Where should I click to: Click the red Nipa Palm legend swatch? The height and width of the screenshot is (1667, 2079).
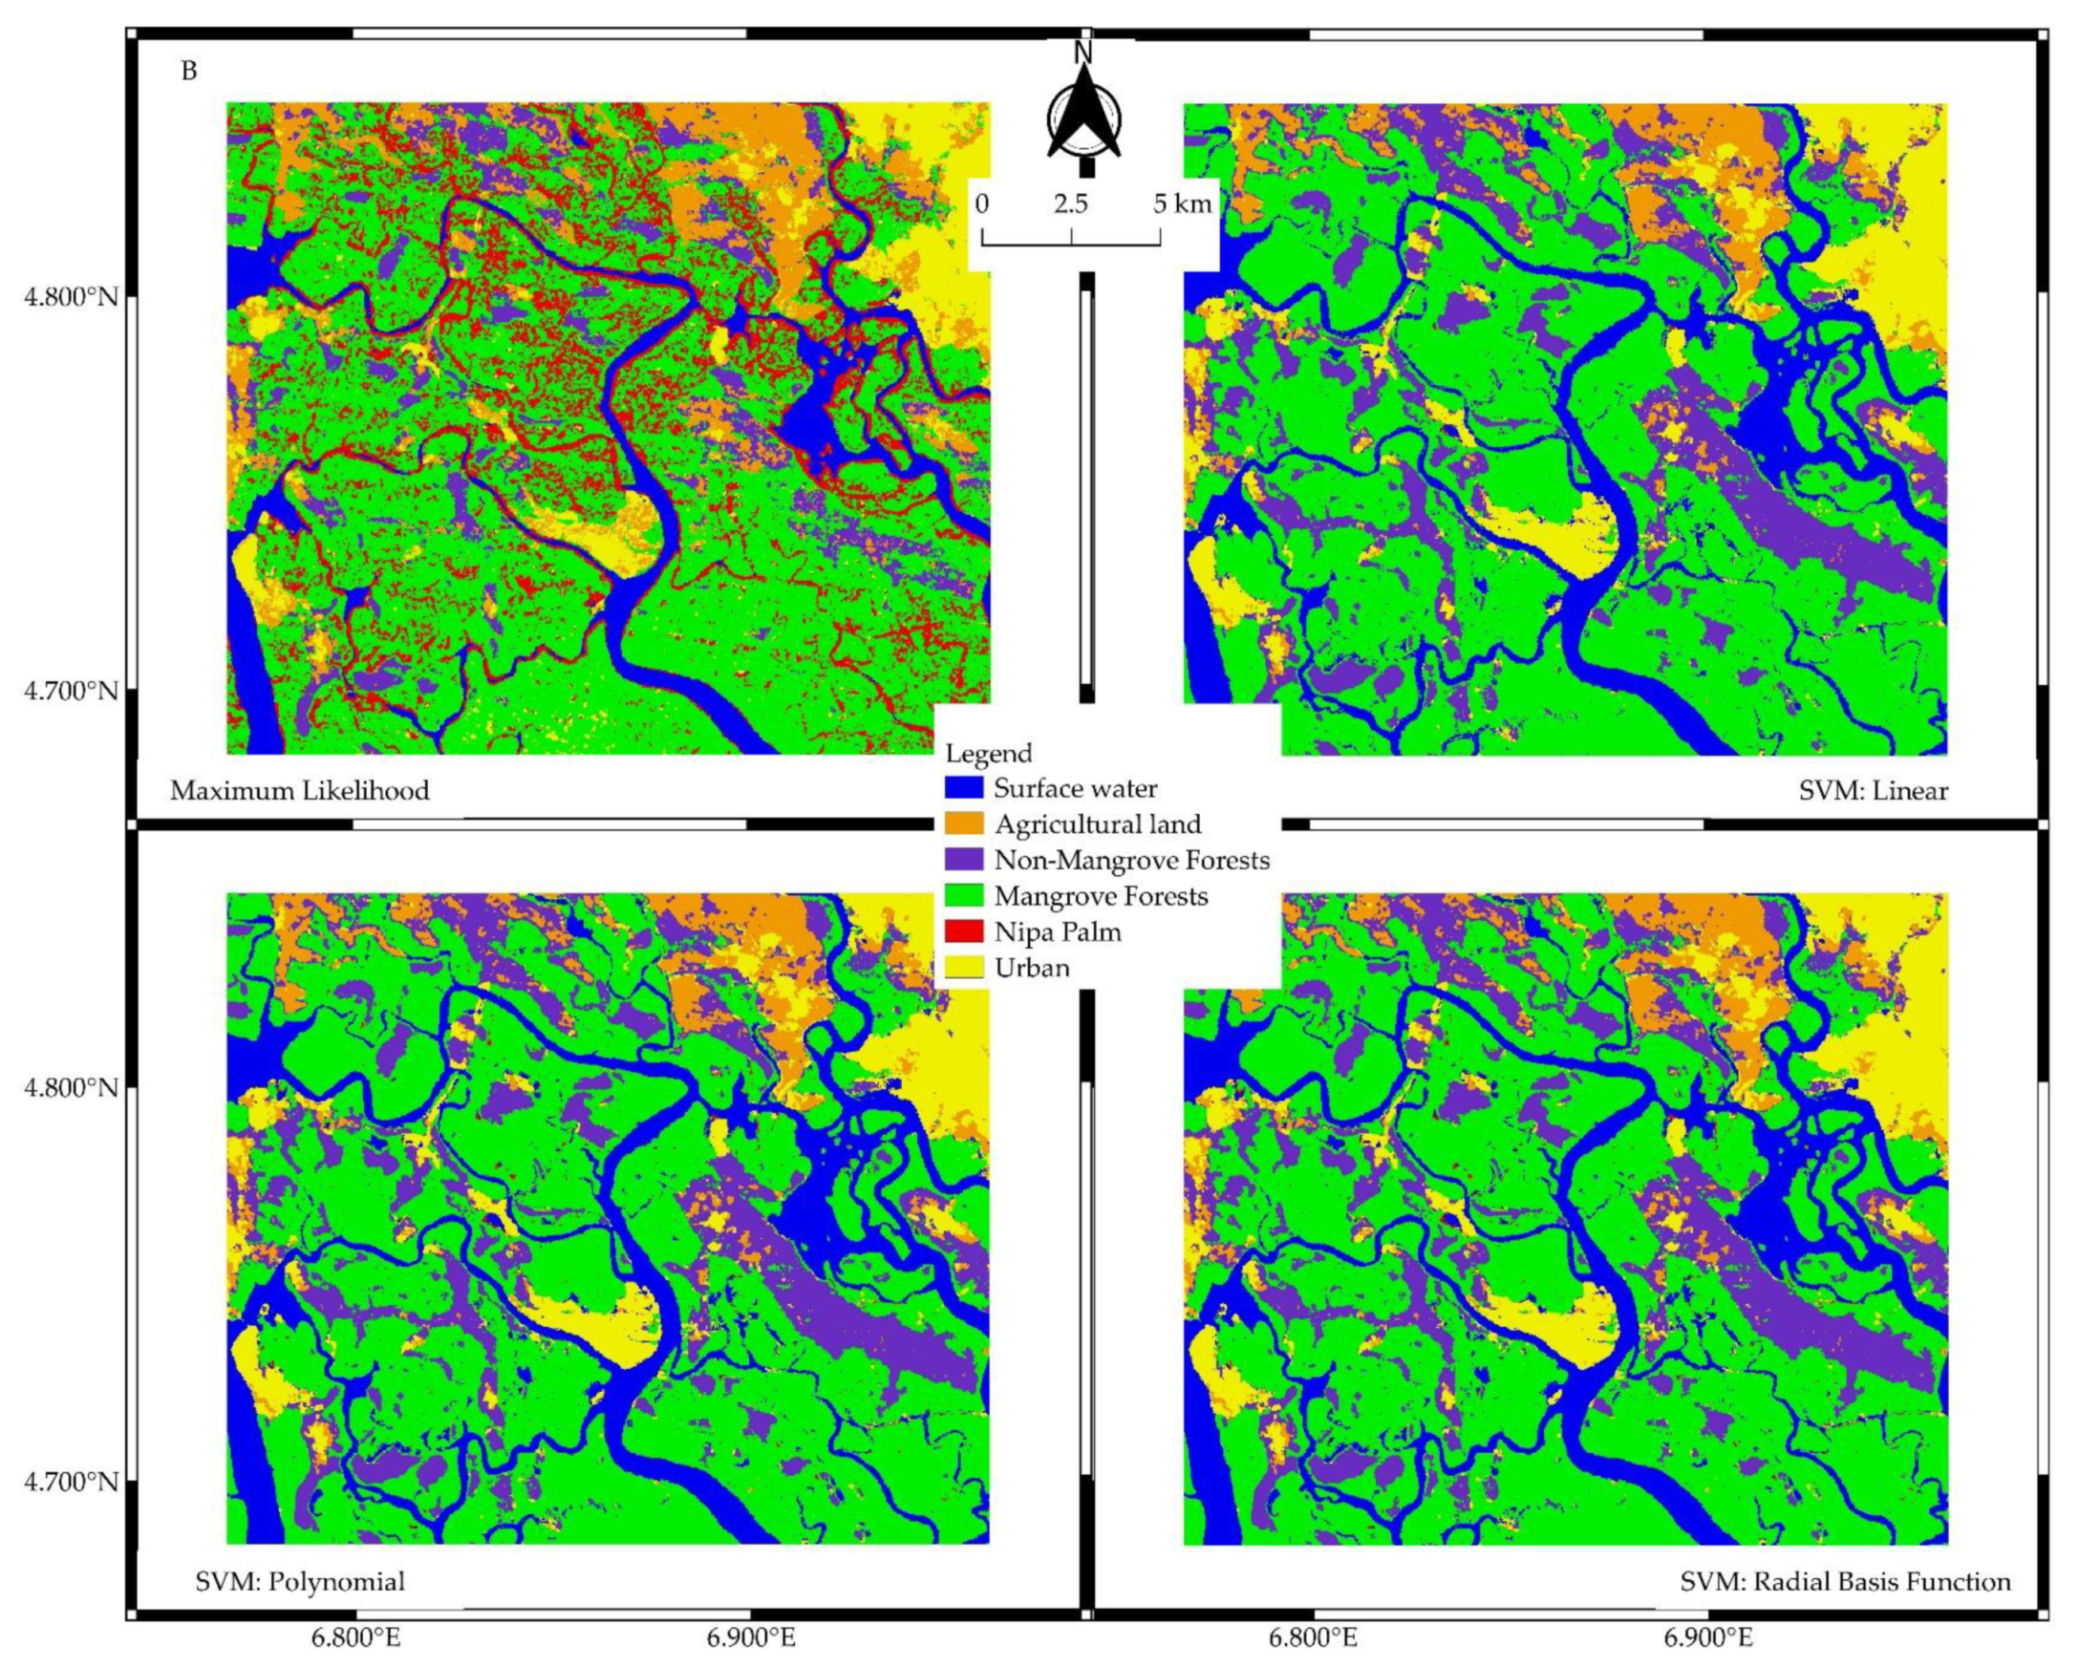click(x=963, y=931)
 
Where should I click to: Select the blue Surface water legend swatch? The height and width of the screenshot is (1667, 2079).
click(x=963, y=788)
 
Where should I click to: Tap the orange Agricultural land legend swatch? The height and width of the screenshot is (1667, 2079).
click(x=963, y=823)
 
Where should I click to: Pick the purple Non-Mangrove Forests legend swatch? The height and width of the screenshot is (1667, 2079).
click(x=963, y=859)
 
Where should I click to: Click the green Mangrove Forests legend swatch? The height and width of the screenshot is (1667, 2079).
click(x=963, y=896)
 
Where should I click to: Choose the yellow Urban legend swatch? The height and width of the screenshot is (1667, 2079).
click(x=963, y=967)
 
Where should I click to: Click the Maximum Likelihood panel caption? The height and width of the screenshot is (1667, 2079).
click(x=300, y=792)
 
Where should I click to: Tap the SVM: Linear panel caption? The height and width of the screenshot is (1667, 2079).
click(x=1873, y=792)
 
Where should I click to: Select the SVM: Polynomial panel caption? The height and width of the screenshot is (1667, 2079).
click(x=300, y=1581)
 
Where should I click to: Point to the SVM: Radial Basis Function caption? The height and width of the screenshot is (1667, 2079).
click(x=1845, y=1581)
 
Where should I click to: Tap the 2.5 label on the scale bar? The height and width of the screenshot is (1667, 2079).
click(x=1070, y=204)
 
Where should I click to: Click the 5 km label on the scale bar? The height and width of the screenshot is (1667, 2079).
click(x=1181, y=204)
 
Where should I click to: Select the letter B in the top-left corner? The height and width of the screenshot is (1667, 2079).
click(x=189, y=72)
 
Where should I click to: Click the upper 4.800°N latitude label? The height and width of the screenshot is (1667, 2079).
click(x=72, y=296)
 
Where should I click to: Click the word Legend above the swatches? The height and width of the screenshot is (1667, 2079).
click(x=989, y=752)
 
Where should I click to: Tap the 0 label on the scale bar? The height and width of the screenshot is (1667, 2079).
click(x=981, y=204)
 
